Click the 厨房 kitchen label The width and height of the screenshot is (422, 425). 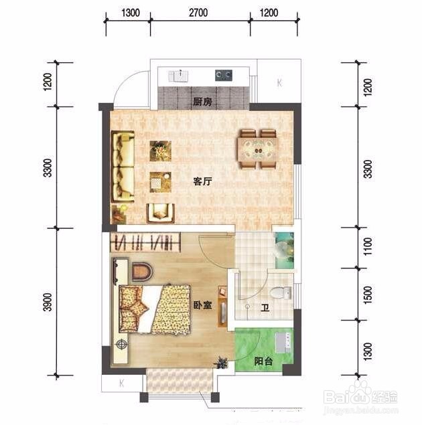202,102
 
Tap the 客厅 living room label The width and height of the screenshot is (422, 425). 202,181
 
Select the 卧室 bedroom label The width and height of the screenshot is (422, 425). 202,305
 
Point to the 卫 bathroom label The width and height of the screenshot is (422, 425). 265,308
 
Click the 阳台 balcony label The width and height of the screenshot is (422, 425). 263,361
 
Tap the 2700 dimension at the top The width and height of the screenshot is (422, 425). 198,13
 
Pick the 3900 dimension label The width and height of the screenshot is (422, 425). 48,302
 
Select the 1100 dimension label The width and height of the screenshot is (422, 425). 368,246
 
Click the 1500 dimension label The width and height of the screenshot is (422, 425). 368,295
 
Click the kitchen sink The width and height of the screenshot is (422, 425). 178,76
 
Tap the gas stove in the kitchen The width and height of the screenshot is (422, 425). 224,76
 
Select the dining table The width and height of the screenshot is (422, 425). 258,150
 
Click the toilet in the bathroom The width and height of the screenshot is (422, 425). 281,293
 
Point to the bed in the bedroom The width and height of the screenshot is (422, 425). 154,309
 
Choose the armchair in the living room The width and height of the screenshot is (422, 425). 160,213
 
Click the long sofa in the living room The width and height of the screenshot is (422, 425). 123,167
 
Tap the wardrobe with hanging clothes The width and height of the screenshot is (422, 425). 145,242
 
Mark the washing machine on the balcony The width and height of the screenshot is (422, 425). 284,342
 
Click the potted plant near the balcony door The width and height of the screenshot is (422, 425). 221,362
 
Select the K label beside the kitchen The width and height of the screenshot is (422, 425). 279,82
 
